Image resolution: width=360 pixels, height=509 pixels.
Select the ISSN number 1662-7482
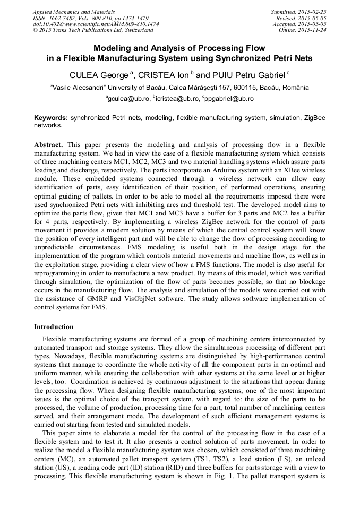pos(66,18)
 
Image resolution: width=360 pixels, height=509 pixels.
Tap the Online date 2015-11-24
pos(313,30)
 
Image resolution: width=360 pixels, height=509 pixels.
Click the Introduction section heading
pos(54,326)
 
